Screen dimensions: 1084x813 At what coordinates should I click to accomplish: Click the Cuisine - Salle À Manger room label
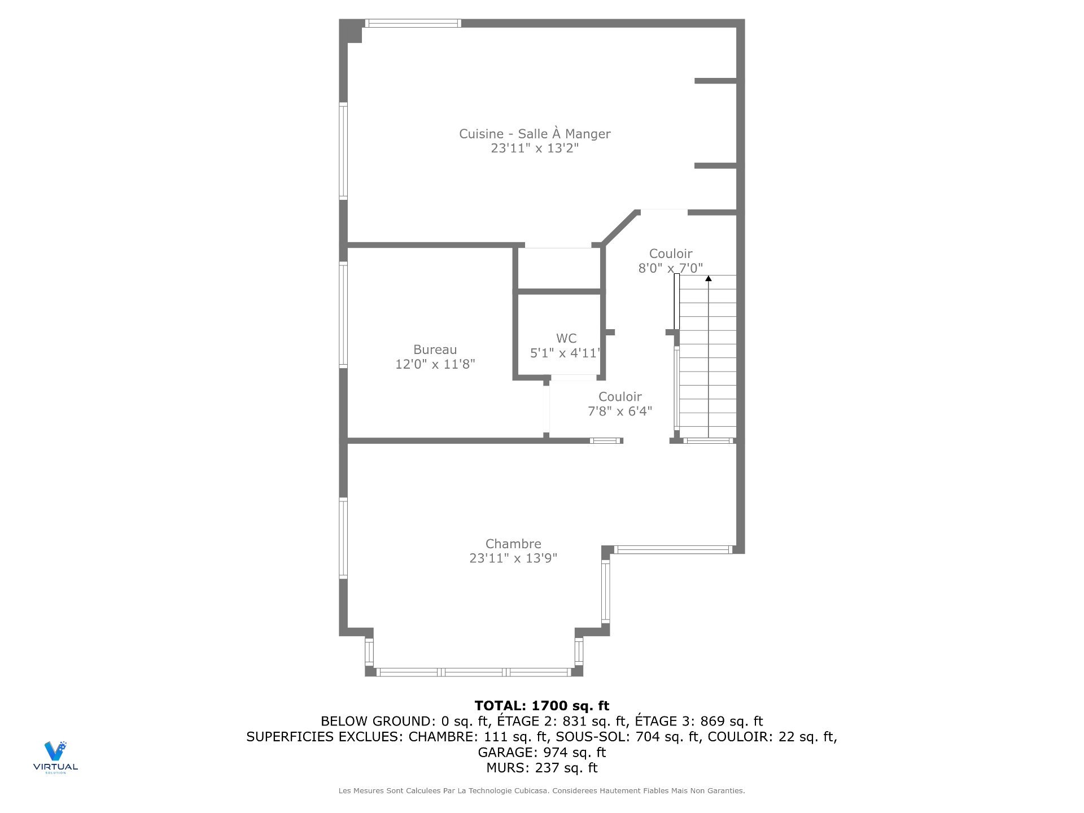(x=535, y=134)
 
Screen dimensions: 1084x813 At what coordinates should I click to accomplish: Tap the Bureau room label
(x=435, y=349)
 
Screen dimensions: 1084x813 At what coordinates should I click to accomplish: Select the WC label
(x=566, y=338)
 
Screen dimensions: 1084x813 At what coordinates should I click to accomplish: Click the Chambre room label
(x=513, y=544)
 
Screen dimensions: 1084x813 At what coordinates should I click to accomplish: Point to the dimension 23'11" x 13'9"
(x=513, y=558)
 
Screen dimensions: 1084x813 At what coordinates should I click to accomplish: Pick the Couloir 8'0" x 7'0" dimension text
(x=671, y=268)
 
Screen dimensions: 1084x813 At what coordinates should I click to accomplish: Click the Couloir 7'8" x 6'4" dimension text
(x=620, y=411)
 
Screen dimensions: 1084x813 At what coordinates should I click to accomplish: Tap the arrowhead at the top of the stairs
(x=709, y=278)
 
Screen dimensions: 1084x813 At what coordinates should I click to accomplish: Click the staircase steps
(x=707, y=357)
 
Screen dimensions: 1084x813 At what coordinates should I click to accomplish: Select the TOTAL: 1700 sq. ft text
(x=542, y=706)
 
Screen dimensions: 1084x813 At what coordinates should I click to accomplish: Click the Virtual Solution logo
(x=55, y=757)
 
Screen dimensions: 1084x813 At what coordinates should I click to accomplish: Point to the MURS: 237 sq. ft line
(x=542, y=768)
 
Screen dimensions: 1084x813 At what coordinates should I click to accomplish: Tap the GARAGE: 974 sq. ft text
(x=542, y=752)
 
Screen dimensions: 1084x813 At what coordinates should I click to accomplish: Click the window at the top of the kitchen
(x=413, y=23)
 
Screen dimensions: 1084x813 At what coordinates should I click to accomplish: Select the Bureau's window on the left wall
(x=343, y=314)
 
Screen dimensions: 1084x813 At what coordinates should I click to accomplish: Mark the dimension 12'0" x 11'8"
(x=435, y=364)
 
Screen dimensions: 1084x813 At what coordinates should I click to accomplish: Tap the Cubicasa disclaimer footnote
(x=542, y=791)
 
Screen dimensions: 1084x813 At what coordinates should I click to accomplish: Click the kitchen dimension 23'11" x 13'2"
(x=535, y=148)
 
